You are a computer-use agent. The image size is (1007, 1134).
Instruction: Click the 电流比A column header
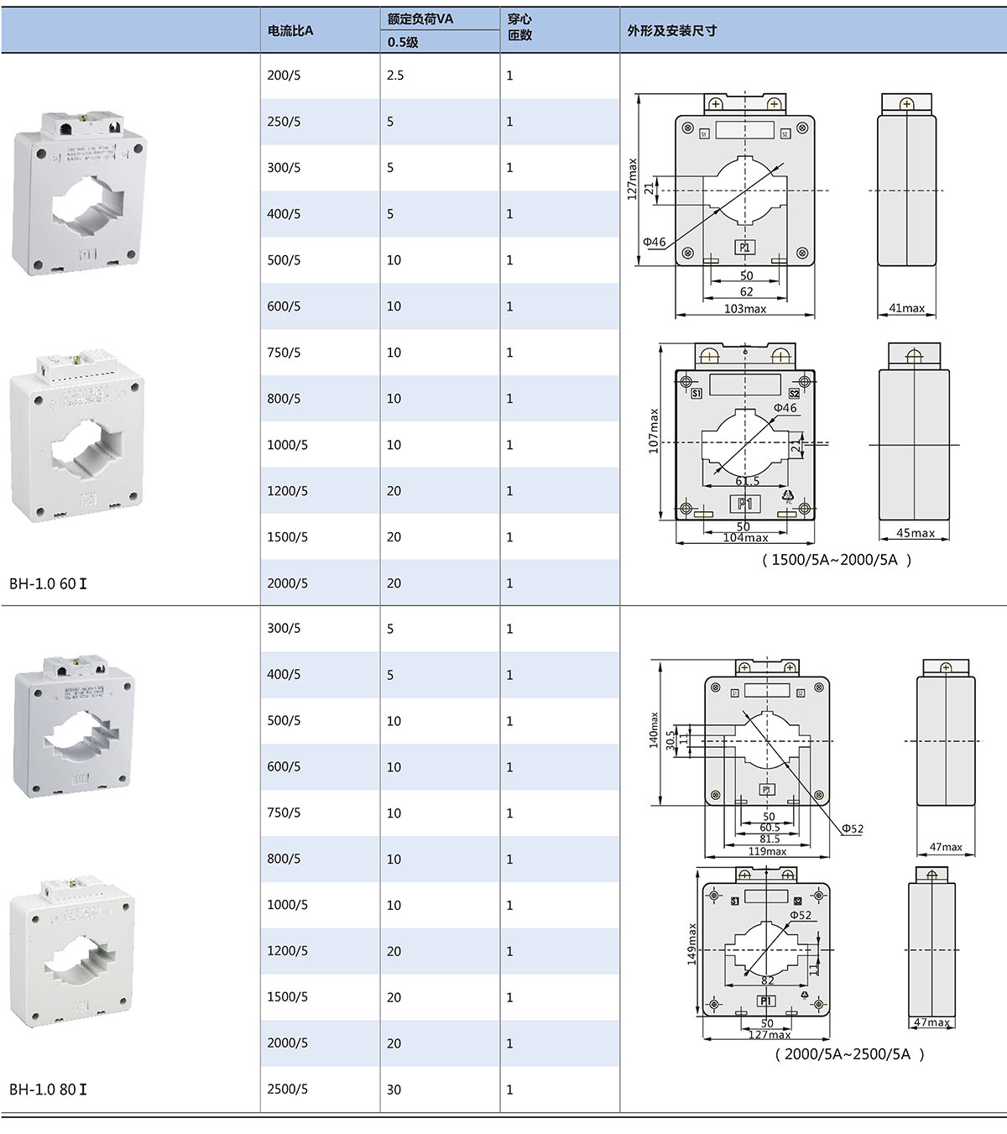pyautogui.click(x=290, y=31)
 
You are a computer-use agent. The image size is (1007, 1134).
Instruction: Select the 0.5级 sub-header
pyautogui.click(x=403, y=42)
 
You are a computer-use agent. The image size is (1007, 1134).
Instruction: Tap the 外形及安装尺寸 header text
pyautogui.click(x=671, y=31)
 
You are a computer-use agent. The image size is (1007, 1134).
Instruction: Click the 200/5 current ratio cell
pyautogui.click(x=284, y=76)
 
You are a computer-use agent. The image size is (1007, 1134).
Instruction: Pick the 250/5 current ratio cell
pyautogui.click(x=284, y=122)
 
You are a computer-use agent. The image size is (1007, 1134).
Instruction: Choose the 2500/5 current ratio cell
pyautogui.click(x=287, y=1090)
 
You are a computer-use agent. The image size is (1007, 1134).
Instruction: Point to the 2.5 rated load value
pyautogui.click(x=395, y=76)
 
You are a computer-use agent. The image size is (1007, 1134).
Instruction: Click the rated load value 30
pyautogui.click(x=394, y=1090)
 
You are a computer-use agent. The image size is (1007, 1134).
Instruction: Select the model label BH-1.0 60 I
pyautogui.click(x=48, y=583)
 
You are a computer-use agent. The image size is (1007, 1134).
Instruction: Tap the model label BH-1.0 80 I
pyautogui.click(x=48, y=1090)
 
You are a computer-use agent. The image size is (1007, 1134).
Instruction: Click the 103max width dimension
pyautogui.click(x=744, y=309)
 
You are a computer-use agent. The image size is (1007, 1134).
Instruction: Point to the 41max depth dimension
pyautogui.click(x=906, y=308)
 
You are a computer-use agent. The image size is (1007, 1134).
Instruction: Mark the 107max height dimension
pyautogui.click(x=654, y=431)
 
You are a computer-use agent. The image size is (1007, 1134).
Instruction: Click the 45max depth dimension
pyautogui.click(x=915, y=533)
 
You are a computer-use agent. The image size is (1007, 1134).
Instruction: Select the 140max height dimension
pyautogui.click(x=654, y=730)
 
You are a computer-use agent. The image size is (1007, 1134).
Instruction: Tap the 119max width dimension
pyautogui.click(x=767, y=851)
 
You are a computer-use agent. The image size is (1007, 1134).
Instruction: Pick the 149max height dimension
pyautogui.click(x=692, y=944)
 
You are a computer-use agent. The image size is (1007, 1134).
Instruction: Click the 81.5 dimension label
pyautogui.click(x=769, y=839)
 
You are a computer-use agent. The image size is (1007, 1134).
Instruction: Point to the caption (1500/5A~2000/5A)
pyautogui.click(x=836, y=560)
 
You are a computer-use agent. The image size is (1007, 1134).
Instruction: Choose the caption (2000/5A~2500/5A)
pyautogui.click(x=848, y=1054)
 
